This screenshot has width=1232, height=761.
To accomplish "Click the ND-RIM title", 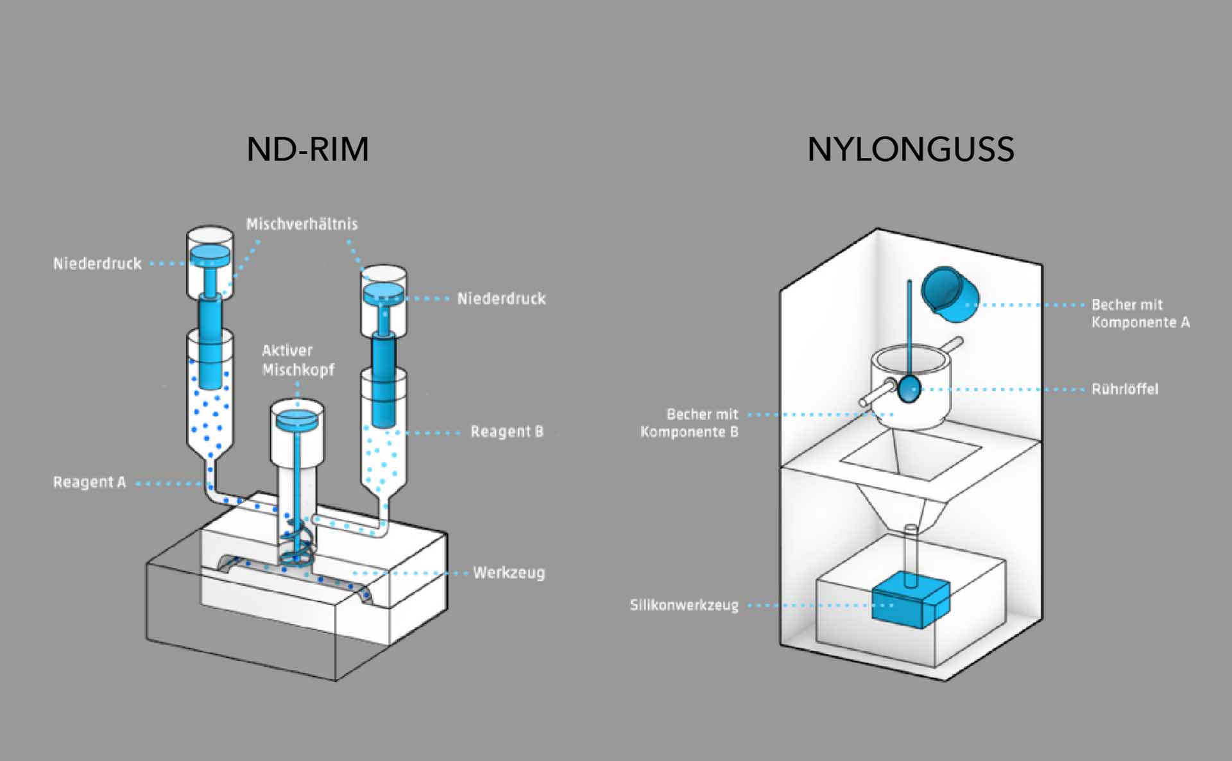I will [x=308, y=150].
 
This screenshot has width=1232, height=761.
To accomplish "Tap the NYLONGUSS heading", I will [x=911, y=150].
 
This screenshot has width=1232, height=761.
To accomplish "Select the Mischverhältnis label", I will [x=302, y=224].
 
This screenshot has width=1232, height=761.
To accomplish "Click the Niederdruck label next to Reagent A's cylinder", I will [x=97, y=264].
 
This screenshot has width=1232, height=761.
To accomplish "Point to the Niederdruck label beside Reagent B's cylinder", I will [x=501, y=298].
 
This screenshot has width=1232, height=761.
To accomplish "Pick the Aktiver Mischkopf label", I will [x=298, y=360].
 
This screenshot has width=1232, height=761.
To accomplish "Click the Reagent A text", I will [x=89, y=482].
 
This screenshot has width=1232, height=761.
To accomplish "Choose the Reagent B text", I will [x=507, y=431].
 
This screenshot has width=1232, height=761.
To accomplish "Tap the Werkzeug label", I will [x=509, y=572].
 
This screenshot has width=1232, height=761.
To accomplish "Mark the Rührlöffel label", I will [x=1125, y=389].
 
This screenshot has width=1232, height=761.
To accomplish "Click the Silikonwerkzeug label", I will [x=684, y=605].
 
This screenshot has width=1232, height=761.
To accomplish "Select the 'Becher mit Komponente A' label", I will [x=1140, y=313].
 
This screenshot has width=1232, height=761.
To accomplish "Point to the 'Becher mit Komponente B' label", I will [x=690, y=423].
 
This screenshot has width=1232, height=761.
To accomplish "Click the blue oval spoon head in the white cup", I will [x=909, y=389].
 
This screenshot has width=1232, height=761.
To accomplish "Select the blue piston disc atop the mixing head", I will [x=297, y=419].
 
